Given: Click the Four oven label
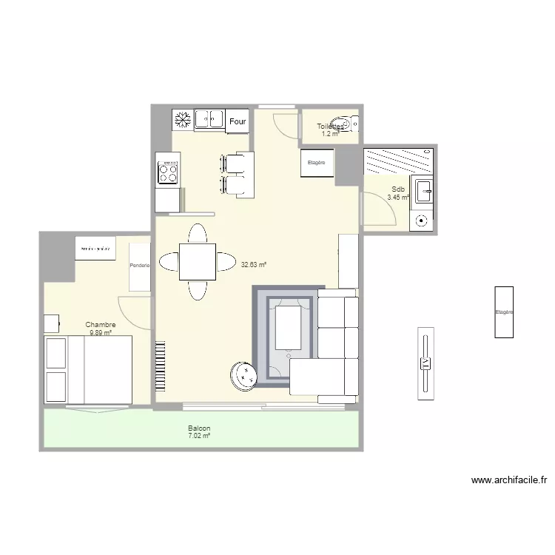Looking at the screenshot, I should coord(238,121).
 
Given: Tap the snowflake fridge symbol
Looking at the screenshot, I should coord(182,118).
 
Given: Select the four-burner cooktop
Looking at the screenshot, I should coord(168,172).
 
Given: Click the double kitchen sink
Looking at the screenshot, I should coord(209,118).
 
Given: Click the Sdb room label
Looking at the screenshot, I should coord(398,189).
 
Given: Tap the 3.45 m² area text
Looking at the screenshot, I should coord(398,198).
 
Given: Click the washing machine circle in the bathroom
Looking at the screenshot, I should coord(421,220).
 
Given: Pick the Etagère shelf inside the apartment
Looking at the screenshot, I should coord(317,163).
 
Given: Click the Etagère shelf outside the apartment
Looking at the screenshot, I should coord(504,312).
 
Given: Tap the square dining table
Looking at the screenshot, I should coord(198,262).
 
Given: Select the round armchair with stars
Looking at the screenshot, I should coord(243,374).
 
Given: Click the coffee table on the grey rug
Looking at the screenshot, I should coord(289,329).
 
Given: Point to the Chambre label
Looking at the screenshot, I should coord(101,325).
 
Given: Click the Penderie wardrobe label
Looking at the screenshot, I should coord(139,266).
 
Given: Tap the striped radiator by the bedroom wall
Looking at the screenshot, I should coord(160,366).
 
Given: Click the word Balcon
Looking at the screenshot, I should coord(199,428).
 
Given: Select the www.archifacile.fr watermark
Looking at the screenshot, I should coord(508,480).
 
